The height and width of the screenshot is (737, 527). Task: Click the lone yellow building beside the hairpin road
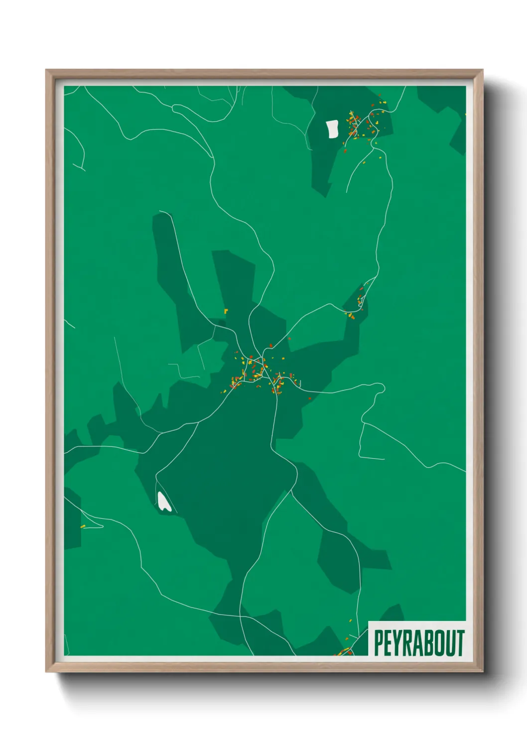click(x=83, y=526)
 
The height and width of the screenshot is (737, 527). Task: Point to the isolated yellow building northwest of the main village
click(x=226, y=311)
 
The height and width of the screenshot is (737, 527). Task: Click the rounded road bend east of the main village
click(x=383, y=387)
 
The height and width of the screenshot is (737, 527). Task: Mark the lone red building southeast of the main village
click(x=309, y=398)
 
